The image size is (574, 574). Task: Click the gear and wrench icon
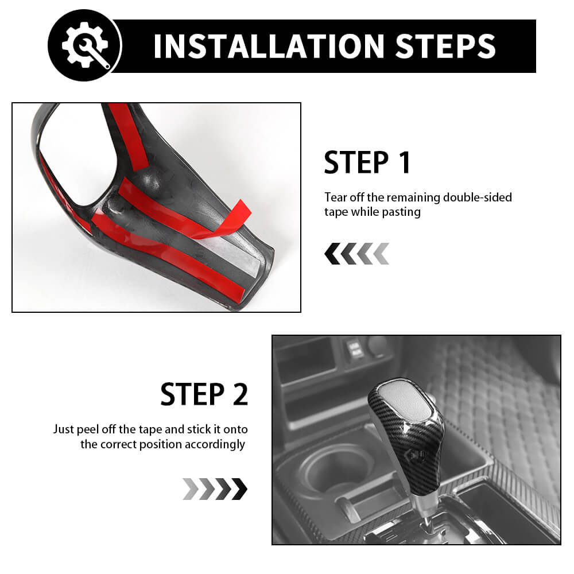tap(86, 45)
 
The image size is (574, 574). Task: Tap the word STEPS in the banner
tap(445, 46)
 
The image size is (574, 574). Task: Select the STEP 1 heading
tap(367, 162)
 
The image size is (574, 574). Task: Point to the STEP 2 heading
tap(204, 394)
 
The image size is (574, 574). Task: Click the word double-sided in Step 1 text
tap(478, 197)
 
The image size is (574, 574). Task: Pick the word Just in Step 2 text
tap(63, 429)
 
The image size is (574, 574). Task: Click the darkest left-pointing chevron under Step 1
tap(332, 253)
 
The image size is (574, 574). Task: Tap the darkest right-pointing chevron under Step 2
tap(240, 489)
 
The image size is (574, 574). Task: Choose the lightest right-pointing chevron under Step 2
tap(191, 489)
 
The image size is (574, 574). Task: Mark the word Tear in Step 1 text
tap(335, 197)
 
